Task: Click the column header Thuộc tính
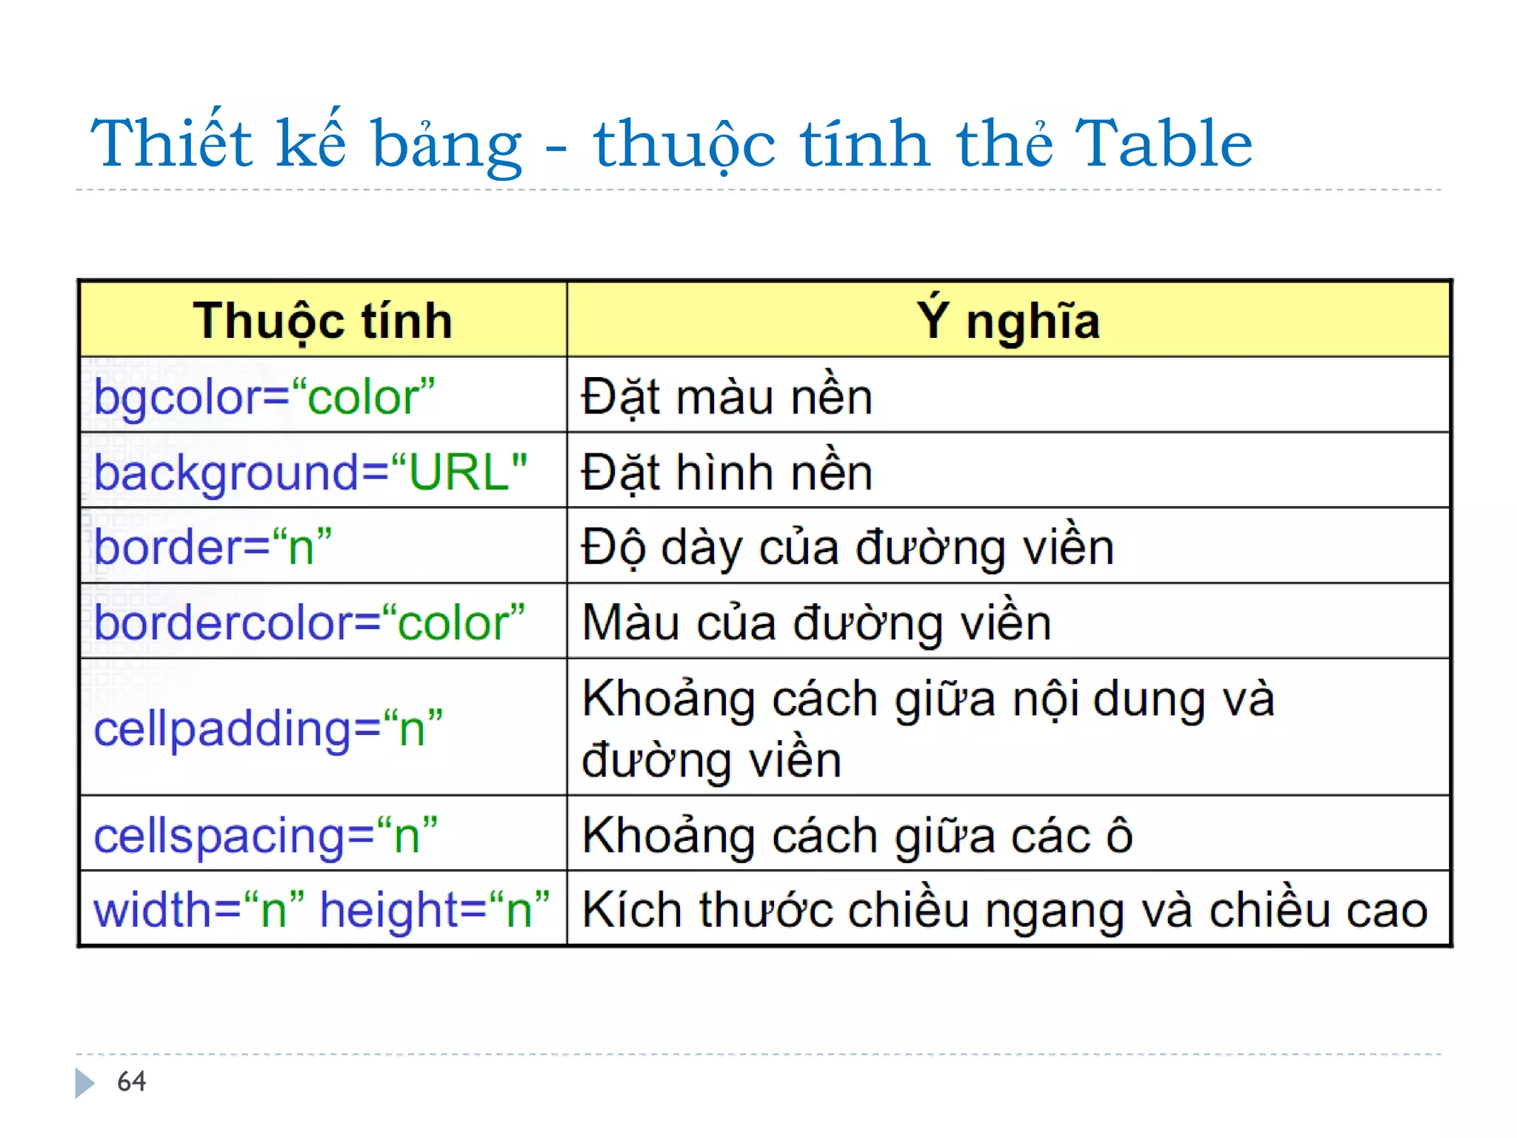(323, 321)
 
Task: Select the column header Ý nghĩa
(1008, 321)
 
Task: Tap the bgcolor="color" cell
(264, 396)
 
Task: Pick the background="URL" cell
(310, 472)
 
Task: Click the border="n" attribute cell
(213, 547)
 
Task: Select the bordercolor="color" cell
(310, 622)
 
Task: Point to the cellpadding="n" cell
(268, 728)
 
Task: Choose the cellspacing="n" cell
(265, 835)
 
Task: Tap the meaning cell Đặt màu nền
(727, 396)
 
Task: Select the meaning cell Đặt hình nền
(727, 472)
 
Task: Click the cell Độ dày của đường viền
(847, 547)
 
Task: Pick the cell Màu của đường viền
(816, 622)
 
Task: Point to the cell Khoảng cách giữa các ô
(857, 835)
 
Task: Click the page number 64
(132, 1082)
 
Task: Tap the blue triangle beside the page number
(84, 1082)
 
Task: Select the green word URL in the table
(459, 472)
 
